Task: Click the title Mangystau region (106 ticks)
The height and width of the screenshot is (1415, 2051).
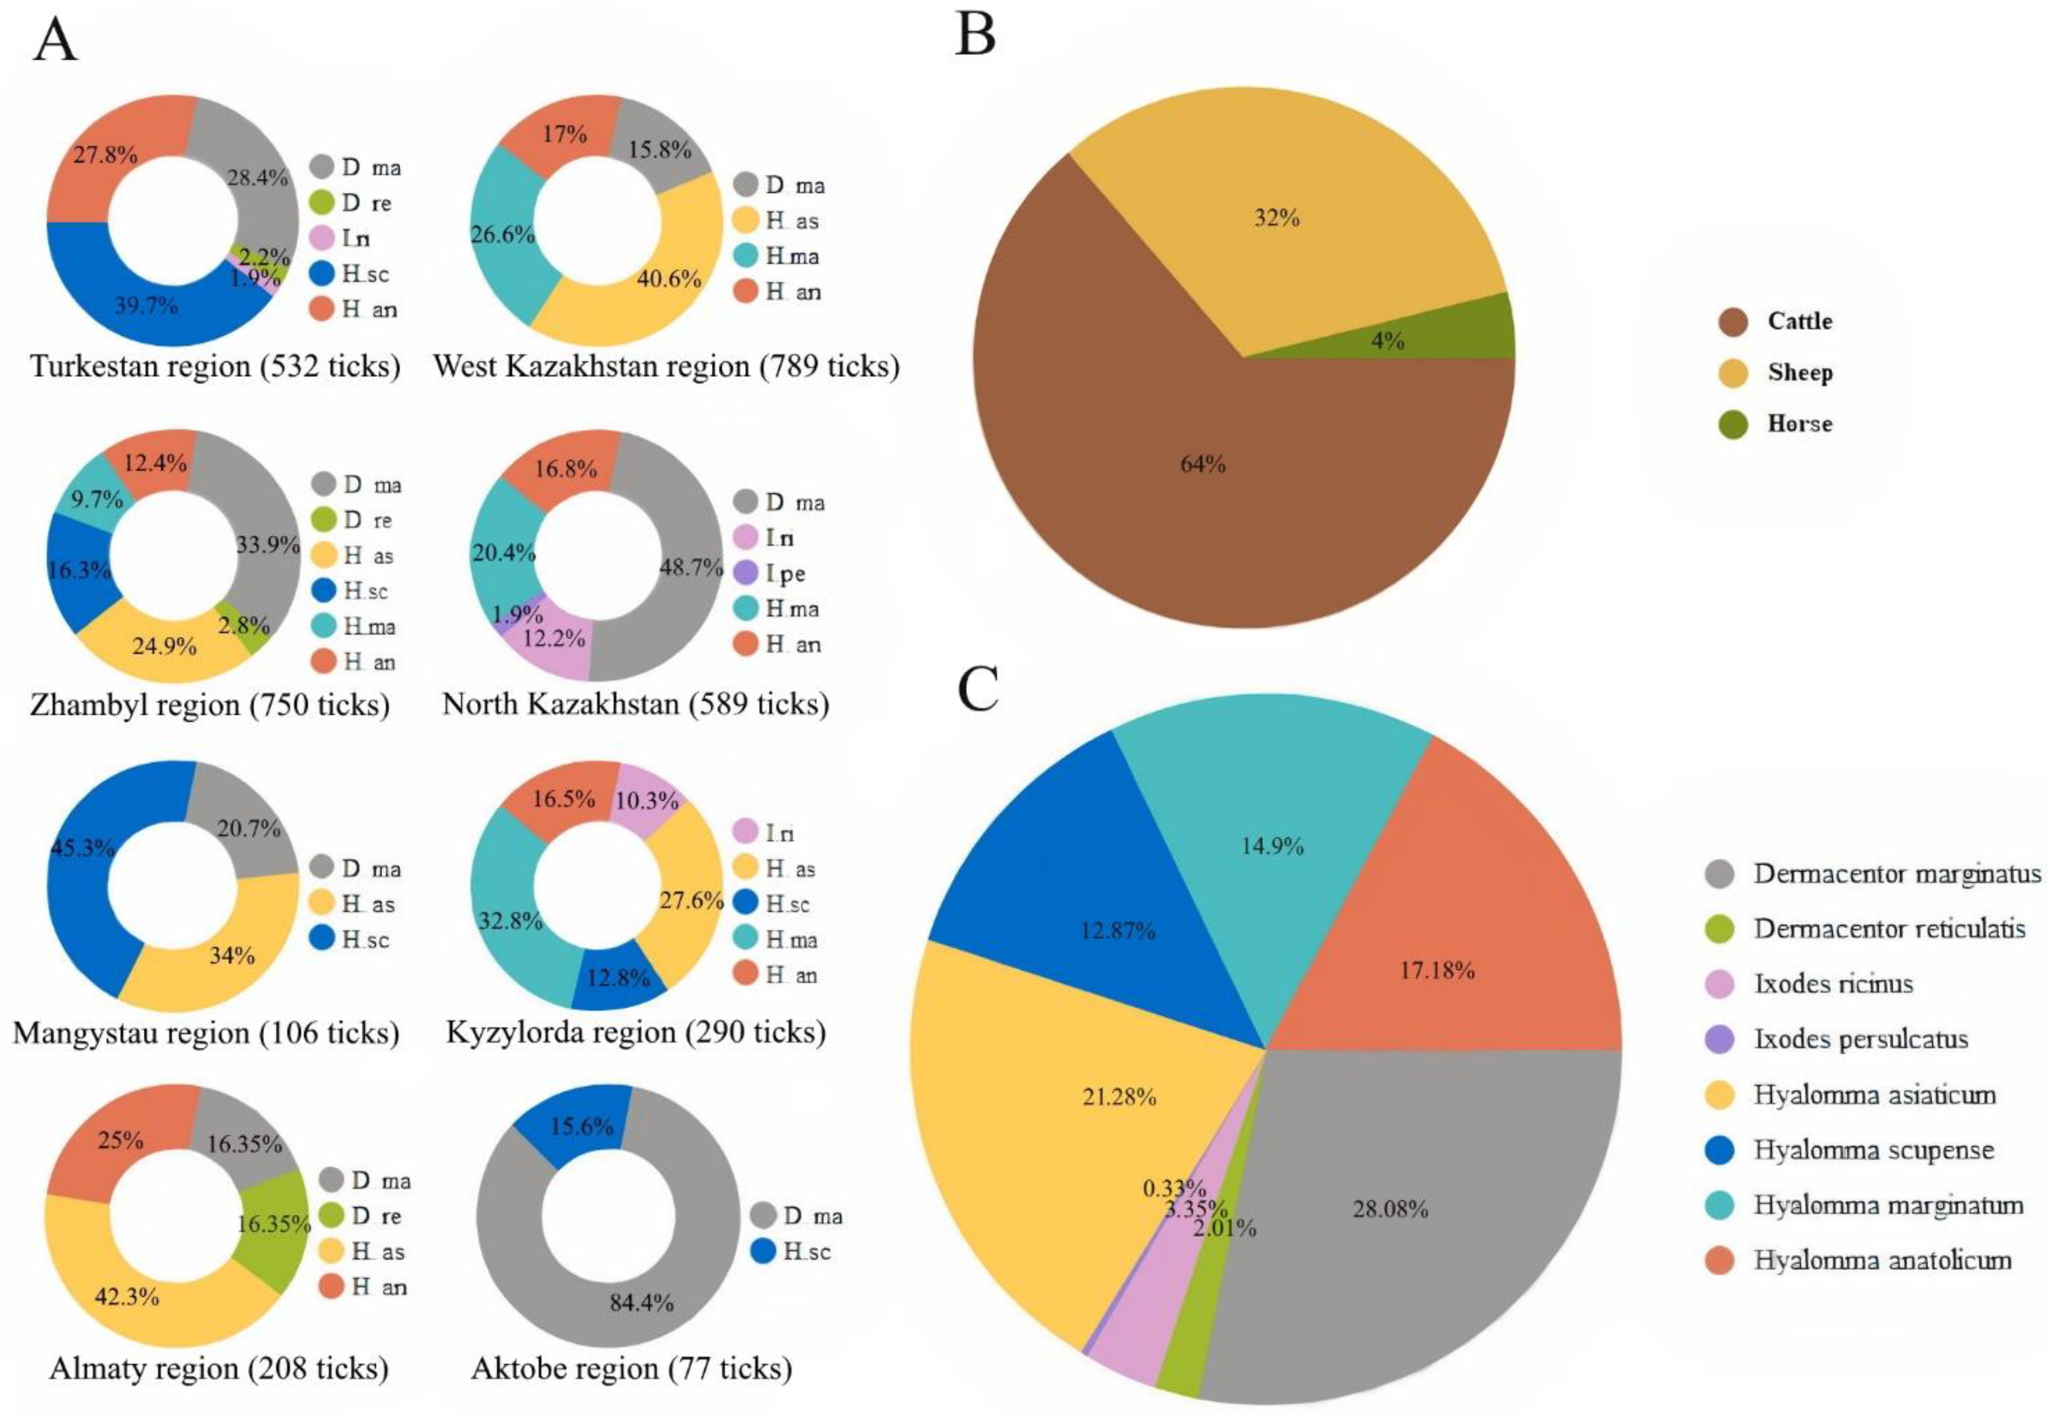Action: (205, 1033)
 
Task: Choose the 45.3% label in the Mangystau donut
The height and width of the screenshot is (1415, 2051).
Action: (83, 849)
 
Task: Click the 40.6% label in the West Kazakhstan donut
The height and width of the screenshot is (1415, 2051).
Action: (668, 278)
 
